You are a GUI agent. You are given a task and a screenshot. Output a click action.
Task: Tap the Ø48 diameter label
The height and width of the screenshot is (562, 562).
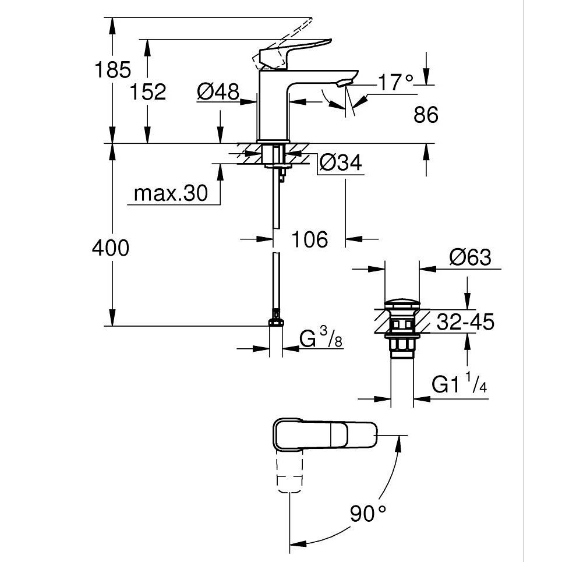click(218, 91)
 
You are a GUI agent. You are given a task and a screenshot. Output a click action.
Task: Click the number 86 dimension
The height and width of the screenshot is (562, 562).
click(426, 115)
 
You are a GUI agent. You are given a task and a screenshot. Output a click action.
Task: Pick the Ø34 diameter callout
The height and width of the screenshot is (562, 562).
click(341, 163)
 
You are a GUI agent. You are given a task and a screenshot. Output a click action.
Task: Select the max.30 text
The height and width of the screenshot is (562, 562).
click(171, 193)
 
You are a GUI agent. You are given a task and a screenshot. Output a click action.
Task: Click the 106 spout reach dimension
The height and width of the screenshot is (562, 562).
click(310, 239)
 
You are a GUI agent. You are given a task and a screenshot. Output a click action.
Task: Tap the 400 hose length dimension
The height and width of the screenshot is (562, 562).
click(111, 248)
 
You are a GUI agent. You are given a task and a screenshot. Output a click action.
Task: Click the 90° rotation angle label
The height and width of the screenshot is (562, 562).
click(369, 513)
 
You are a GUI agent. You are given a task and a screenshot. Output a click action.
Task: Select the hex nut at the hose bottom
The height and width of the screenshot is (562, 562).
click(276, 321)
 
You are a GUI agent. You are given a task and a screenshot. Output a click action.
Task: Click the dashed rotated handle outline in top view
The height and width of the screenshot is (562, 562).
click(289, 472)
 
